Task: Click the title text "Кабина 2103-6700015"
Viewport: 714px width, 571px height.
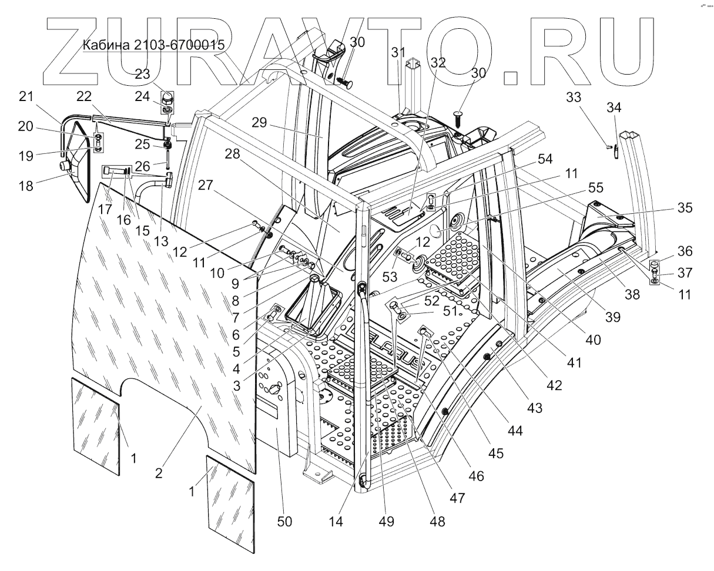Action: [x=153, y=45]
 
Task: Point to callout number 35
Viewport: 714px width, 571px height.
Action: [x=683, y=208]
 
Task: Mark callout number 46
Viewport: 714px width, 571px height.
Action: [x=477, y=476]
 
